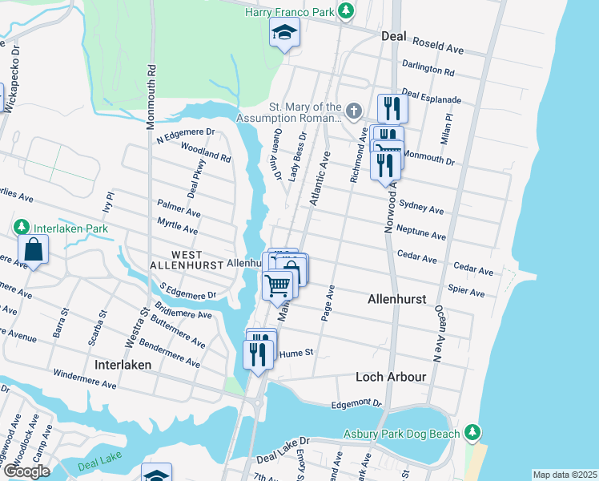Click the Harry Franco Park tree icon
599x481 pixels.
tap(345, 11)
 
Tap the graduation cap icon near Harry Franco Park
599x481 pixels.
tap(283, 34)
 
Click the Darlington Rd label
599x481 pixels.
tap(428, 70)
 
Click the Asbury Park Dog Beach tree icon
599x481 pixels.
tap(473, 434)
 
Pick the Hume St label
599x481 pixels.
tap(295, 351)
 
